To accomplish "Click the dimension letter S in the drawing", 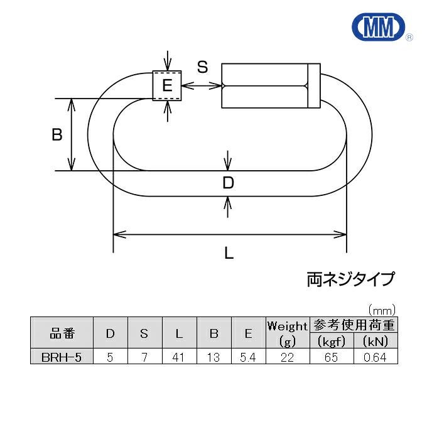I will pyautogui.click(x=202, y=68).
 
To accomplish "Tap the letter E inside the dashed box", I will pyautogui.click(x=167, y=85).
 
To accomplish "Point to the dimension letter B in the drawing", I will pyautogui.click(x=57, y=134).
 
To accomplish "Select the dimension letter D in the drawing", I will pyautogui.click(x=229, y=183).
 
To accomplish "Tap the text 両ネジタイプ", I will pyautogui.click(x=351, y=278).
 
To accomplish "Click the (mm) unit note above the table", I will pyautogui.click(x=382, y=310).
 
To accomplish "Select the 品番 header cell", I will pyautogui.click(x=62, y=333).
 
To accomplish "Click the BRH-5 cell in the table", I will pyautogui.click(x=62, y=357).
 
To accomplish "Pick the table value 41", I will pyautogui.click(x=179, y=357).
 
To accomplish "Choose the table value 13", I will pyautogui.click(x=213, y=357).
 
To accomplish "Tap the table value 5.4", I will pyautogui.click(x=248, y=357).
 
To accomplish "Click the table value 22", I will pyautogui.click(x=288, y=357).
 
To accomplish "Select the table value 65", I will pyautogui.click(x=332, y=357).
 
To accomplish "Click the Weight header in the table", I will pyautogui.click(x=288, y=326).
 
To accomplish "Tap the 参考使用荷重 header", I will pyautogui.click(x=354, y=325).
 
